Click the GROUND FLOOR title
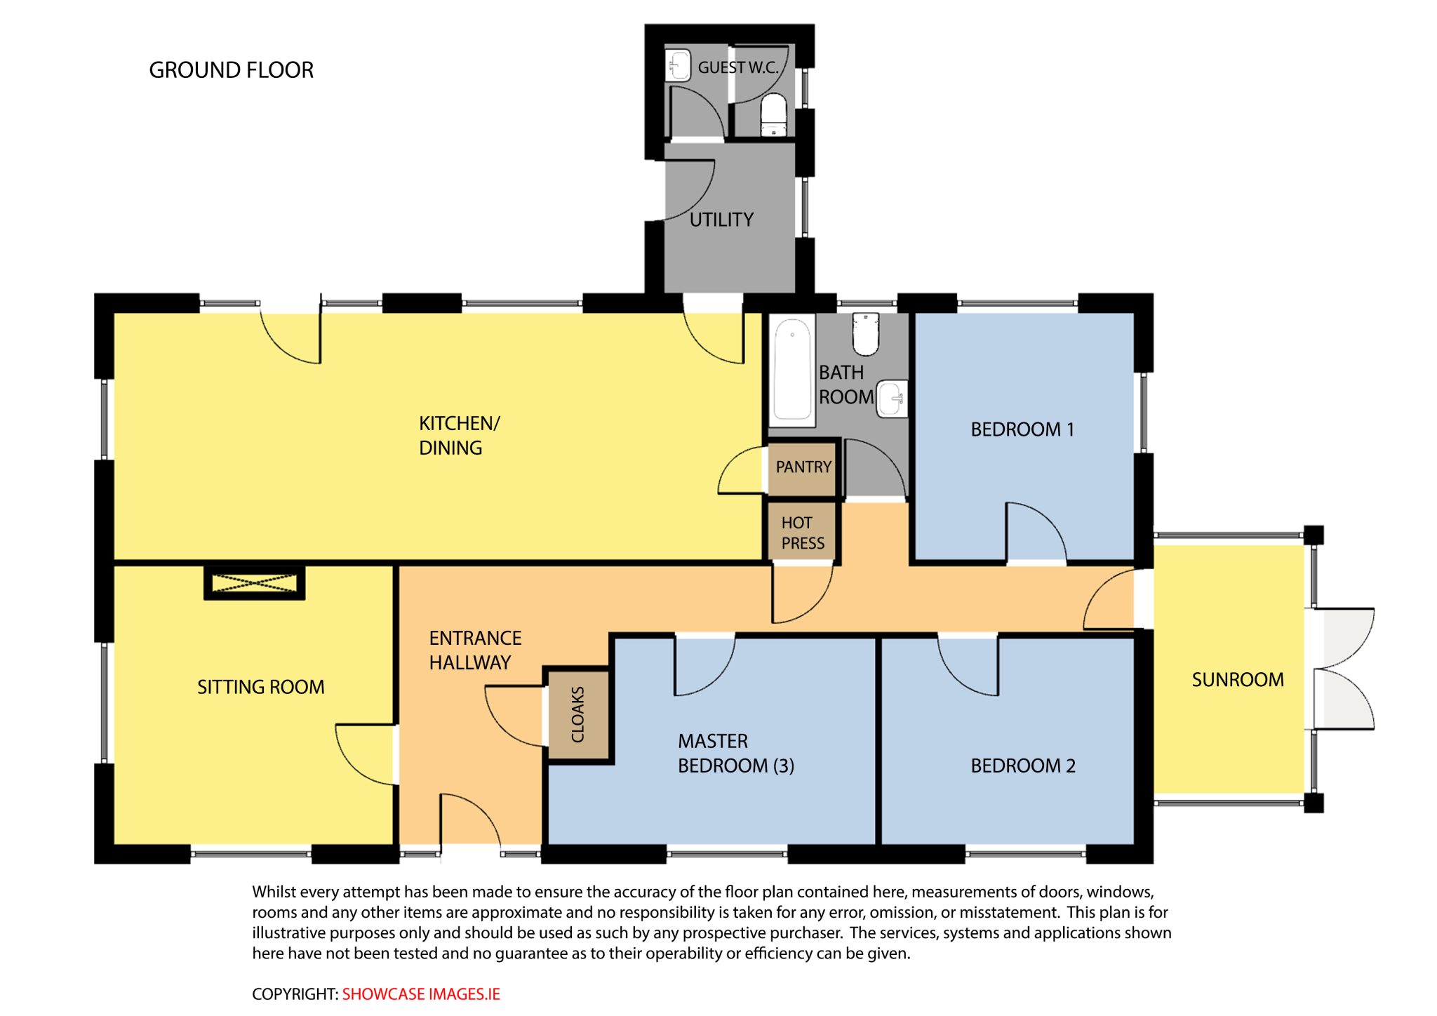231,70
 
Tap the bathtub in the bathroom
792,370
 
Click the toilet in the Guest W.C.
774,114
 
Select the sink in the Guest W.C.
678,65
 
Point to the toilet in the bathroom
866,333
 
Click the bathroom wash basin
893,399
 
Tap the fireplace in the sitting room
254,582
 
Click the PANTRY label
803,467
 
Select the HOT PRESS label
803,533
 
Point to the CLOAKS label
577,714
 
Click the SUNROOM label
1238,679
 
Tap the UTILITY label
721,220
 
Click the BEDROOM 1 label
1022,429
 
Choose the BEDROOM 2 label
1023,766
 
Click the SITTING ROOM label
261,687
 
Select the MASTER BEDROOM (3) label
736,753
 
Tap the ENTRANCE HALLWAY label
475,650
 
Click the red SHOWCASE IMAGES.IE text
421,994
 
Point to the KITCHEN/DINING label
459,435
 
